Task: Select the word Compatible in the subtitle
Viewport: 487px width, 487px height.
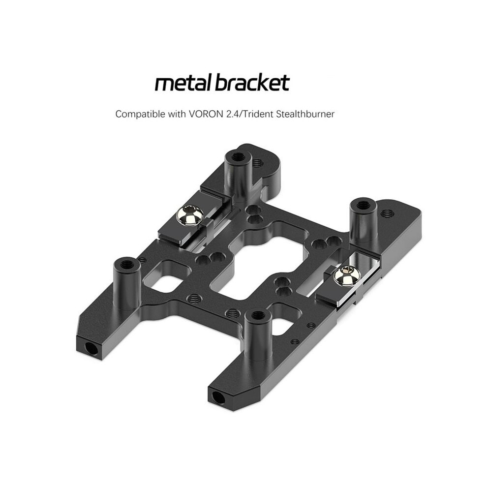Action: pos(140,114)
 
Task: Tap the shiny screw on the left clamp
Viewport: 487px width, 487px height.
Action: pos(190,215)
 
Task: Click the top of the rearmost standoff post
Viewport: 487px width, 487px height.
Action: pos(238,156)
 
